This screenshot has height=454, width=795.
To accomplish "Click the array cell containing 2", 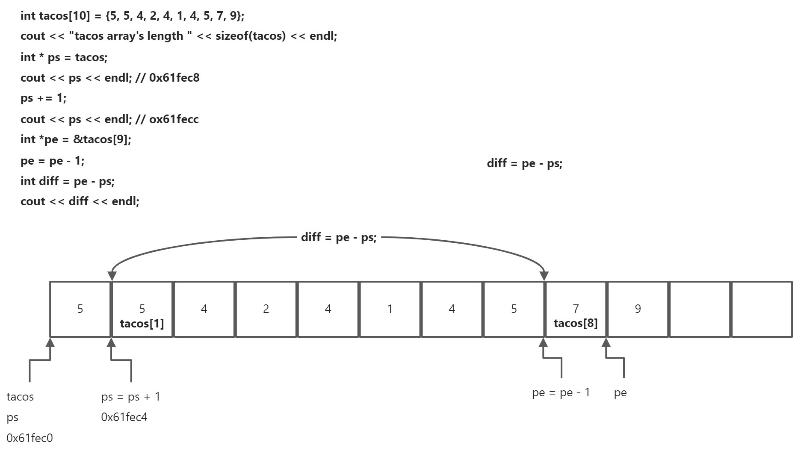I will [x=266, y=309].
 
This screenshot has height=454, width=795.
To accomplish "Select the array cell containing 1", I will [x=390, y=309].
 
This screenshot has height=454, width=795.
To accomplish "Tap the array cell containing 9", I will [x=638, y=309].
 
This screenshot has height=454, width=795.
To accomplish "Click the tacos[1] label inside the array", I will [x=142, y=324].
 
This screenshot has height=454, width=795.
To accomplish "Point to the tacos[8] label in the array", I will [x=576, y=323].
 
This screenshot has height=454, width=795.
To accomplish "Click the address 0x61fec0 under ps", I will [x=30, y=438].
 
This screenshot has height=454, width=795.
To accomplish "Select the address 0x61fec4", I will [x=124, y=417].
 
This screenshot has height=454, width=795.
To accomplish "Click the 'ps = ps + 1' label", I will [x=130, y=397].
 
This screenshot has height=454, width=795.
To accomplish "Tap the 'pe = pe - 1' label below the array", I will [x=561, y=392].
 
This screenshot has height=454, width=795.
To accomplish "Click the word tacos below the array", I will [x=20, y=397].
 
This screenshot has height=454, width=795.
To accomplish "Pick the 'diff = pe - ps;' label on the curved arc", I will [x=339, y=237].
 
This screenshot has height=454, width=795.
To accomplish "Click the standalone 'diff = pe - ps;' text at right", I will [x=524, y=163].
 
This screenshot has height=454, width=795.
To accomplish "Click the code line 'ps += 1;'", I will [x=43, y=98].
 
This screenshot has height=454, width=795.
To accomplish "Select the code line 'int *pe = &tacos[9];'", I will [x=76, y=139].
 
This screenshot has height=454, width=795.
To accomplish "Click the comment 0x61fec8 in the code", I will [x=174, y=78].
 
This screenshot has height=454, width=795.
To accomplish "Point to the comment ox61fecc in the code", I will [x=174, y=119].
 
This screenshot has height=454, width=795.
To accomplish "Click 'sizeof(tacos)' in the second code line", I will [x=250, y=36].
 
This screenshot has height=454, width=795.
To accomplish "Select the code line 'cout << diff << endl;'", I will [x=80, y=201].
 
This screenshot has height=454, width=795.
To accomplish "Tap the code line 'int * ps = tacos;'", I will [x=64, y=57].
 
